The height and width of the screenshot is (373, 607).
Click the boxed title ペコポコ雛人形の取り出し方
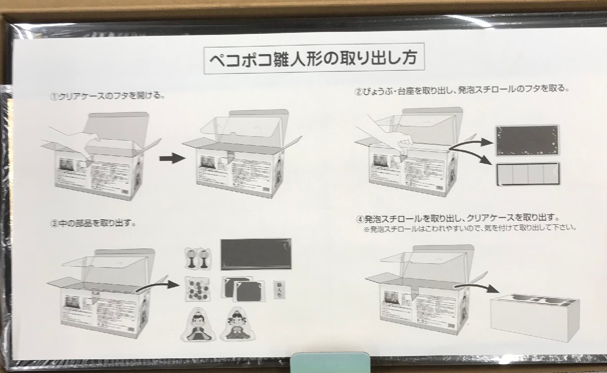313,60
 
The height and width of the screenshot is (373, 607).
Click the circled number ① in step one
54,96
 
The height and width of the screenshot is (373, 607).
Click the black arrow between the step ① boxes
170,158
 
